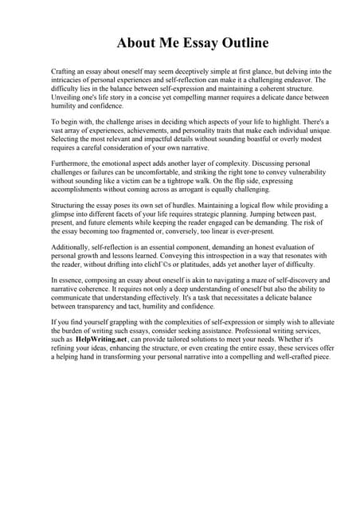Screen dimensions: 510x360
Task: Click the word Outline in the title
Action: (240, 42)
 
